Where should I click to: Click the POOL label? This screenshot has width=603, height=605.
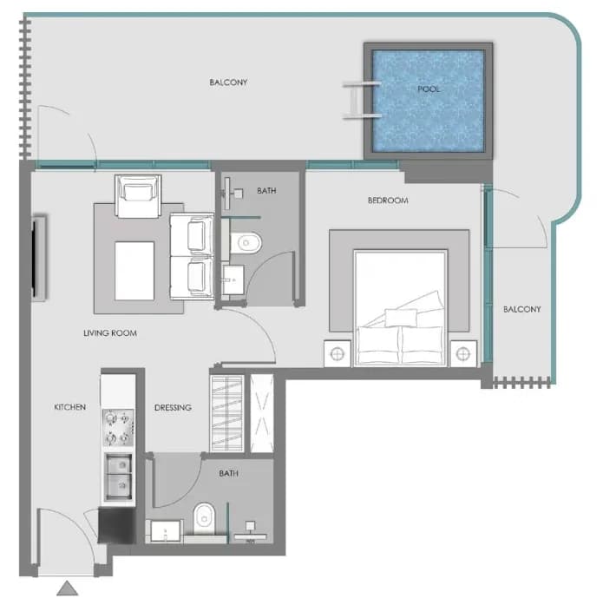coord(429,89)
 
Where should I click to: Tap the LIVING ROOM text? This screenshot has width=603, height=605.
coord(110,333)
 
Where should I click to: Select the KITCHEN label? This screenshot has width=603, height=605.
coord(69,407)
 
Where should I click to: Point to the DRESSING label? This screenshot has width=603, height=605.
coord(173,407)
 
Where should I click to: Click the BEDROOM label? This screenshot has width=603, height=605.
coord(388,201)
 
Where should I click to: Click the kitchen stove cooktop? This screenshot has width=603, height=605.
coord(118,428)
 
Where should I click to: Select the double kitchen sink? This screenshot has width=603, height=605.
coord(119,477)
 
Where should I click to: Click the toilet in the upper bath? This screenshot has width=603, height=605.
coord(246,243)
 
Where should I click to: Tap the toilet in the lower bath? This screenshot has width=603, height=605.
coord(205,518)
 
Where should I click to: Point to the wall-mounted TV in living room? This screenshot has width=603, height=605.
coord(38,258)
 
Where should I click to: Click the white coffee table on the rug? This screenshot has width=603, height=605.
coord(134,271)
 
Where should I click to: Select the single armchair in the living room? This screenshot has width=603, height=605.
coord(138,196)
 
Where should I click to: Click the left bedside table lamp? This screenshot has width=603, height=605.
coord(338,354)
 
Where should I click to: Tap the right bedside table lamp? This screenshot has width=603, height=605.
coord(463,353)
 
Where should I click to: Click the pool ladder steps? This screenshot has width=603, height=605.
coord(361,101)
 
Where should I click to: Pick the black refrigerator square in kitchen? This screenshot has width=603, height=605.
coord(116,525)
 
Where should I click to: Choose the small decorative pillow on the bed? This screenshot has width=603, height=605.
coord(401,318)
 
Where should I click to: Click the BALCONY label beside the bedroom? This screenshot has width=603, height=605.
coord(522,310)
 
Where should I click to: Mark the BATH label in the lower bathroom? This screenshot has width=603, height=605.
coord(229,473)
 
